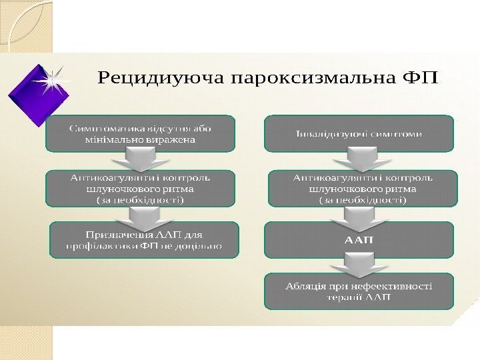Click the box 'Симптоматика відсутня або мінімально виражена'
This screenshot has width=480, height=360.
pos(140,133)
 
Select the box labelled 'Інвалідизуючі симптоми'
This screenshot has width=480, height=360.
pos(359,133)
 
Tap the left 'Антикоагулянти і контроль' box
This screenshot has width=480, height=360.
pos(140,188)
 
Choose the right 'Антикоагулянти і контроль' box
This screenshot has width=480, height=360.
pos(363,188)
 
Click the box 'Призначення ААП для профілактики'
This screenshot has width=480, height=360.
pos(144,240)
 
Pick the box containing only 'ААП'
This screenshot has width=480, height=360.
pos(359,239)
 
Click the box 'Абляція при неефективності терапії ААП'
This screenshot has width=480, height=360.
pos(359,291)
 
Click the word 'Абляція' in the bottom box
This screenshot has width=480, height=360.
pos(303,287)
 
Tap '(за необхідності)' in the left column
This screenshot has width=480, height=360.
pos(141,199)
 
